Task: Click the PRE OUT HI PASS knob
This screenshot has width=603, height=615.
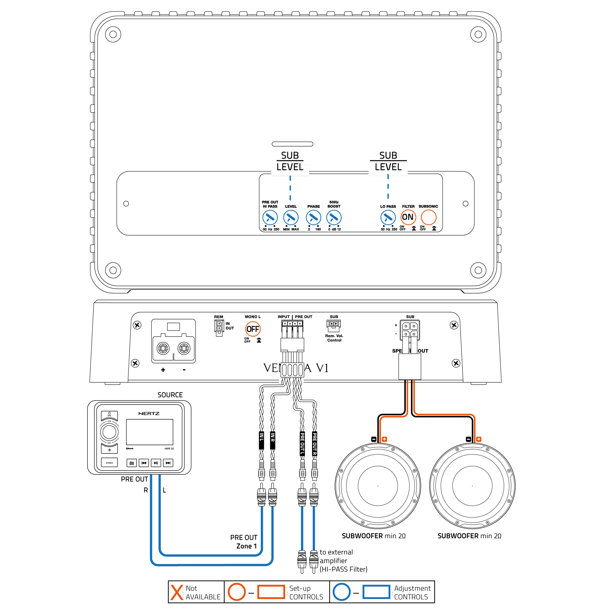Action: (x=270, y=218)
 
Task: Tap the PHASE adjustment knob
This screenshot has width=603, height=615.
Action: (x=313, y=218)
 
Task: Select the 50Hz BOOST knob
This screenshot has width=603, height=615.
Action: (x=333, y=218)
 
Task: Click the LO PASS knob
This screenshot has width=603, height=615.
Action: (x=388, y=218)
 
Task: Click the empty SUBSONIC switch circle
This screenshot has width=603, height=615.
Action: (x=428, y=218)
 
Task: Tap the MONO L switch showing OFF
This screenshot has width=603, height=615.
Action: (x=252, y=329)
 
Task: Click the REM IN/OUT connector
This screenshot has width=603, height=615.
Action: (x=219, y=327)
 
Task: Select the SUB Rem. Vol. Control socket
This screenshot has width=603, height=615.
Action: (x=333, y=325)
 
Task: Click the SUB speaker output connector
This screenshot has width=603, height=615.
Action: (x=409, y=330)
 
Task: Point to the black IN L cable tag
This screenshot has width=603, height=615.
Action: (x=261, y=440)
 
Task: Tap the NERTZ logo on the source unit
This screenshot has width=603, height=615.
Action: (x=149, y=414)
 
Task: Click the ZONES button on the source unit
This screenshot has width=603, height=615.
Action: (x=109, y=463)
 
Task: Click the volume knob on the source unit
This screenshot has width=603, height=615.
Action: (x=109, y=432)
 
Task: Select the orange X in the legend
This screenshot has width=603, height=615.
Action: (x=176, y=592)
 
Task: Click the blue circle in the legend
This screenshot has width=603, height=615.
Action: (x=341, y=592)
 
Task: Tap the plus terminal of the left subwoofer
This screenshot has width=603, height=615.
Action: (x=384, y=439)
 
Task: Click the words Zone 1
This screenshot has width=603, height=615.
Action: (x=246, y=546)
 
